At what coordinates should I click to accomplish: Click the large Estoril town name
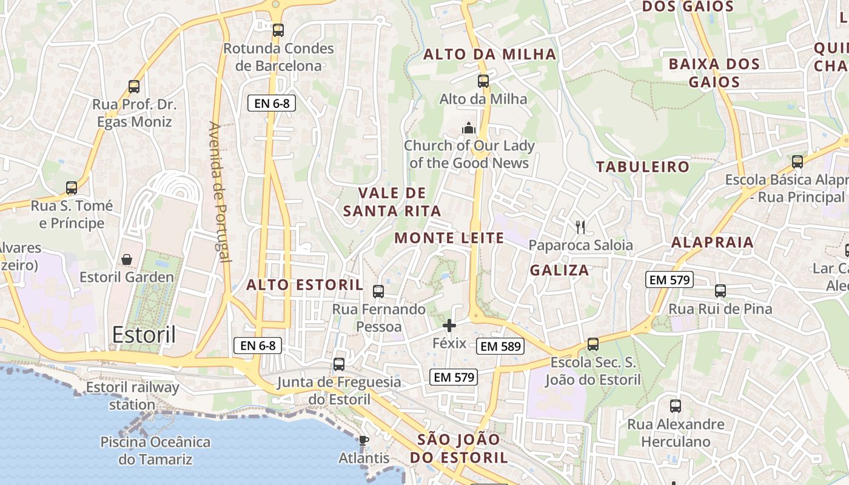click(144, 335)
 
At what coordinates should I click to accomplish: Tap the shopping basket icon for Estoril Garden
click(127, 259)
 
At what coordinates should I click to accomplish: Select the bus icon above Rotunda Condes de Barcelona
click(278, 30)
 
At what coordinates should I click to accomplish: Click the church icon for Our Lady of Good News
click(468, 128)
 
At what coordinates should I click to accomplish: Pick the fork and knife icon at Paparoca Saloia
click(580, 227)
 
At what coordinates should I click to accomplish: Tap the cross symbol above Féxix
click(449, 326)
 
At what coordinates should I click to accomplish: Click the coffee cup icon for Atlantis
click(363, 440)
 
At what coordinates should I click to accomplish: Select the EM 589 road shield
click(500, 346)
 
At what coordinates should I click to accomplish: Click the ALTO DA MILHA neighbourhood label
click(489, 54)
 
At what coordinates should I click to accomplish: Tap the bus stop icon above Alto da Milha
click(483, 81)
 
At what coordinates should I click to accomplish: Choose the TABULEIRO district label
click(643, 167)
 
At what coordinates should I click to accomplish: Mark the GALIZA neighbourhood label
click(559, 270)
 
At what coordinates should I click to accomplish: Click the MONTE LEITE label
click(449, 238)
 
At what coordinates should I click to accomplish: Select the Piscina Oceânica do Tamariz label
click(155, 450)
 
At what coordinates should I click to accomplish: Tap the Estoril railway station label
click(133, 396)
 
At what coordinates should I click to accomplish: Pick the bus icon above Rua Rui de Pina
click(720, 291)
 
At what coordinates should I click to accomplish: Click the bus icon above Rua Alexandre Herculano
click(676, 406)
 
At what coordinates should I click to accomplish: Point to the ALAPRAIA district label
click(712, 242)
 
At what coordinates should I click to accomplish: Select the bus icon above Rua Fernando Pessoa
click(378, 292)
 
